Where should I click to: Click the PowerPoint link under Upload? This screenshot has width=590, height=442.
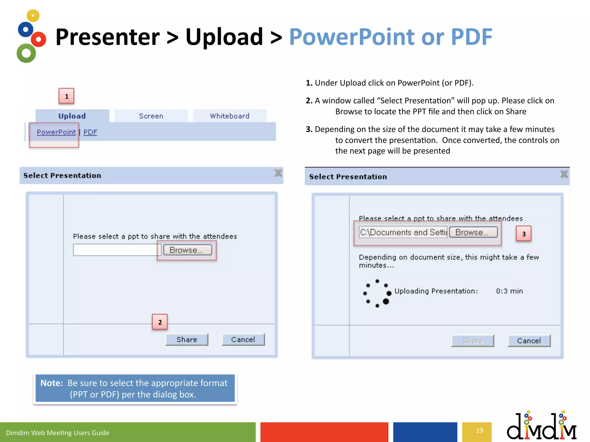[56, 132]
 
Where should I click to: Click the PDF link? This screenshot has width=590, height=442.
[90, 132]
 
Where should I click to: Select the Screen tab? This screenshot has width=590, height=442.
[151, 116]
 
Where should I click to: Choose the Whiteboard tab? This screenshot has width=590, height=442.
[230, 116]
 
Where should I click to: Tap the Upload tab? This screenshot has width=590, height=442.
[72, 116]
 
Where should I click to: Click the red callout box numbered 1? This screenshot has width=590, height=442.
[67, 96]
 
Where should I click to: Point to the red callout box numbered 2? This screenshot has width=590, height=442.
[160, 322]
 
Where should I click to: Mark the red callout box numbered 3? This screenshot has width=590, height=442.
[523, 234]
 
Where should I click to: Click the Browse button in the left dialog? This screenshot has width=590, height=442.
[188, 250]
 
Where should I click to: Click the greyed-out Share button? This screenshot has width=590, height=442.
[472, 341]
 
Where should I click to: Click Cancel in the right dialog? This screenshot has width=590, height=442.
[529, 341]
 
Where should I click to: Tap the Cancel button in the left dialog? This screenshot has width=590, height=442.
[243, 340]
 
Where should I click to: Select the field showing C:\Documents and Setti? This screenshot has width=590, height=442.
[403, 232]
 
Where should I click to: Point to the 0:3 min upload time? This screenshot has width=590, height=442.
[509, 291]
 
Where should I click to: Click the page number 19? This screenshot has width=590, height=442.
[479, 430]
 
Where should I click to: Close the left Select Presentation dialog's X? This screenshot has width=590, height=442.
[278, 173]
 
